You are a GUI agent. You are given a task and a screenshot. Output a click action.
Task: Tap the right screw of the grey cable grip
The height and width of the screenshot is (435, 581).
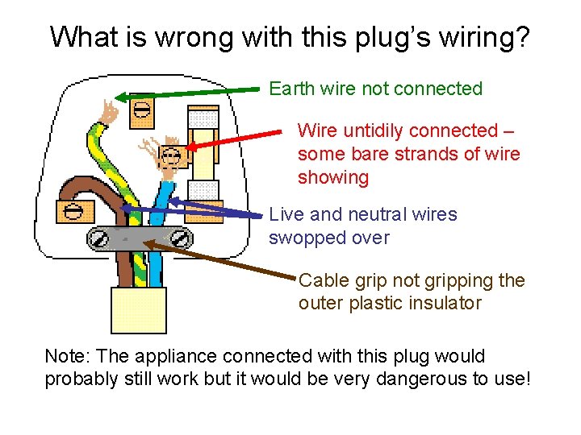[181, 238]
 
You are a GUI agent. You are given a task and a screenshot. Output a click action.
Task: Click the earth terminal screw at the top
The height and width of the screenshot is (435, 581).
[141, 110]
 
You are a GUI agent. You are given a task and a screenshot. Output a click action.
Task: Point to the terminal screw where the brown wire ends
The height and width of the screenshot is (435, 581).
[73, 212]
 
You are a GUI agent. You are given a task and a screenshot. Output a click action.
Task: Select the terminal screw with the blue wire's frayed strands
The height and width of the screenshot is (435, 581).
[170, 155]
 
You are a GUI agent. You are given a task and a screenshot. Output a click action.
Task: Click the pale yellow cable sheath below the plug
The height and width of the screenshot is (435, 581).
[138, 309]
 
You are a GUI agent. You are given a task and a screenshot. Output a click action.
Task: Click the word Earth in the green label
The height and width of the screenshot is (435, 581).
[289, 89]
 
